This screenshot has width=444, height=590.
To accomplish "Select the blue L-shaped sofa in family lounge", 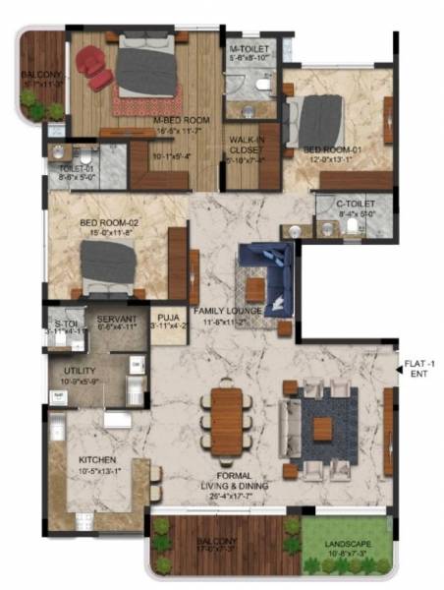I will (x=265, y=272).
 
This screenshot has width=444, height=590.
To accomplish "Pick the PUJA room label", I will (x=167, y=318).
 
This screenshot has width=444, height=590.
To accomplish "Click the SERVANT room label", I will (x=118, y=320).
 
